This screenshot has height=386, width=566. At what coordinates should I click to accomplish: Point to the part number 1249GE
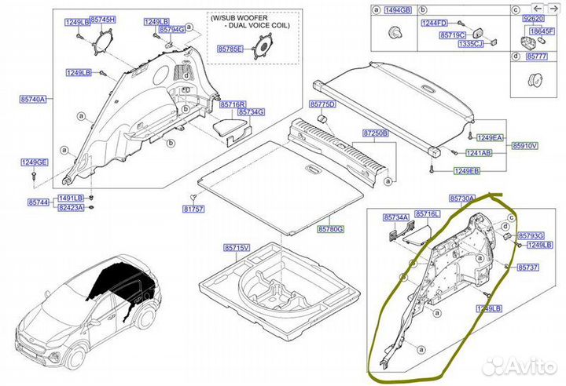coord(35,162)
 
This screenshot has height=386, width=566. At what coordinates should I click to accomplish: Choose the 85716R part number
coord(233,104)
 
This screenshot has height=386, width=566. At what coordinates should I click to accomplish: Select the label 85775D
coord(322,104)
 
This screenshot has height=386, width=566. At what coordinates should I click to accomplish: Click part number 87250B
coord(376,134)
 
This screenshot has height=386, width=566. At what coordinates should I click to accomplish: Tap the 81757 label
coord(193,209)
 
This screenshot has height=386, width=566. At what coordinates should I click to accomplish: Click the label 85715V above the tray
coord(235,248)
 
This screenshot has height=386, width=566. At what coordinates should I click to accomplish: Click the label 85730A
coord(463,200)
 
